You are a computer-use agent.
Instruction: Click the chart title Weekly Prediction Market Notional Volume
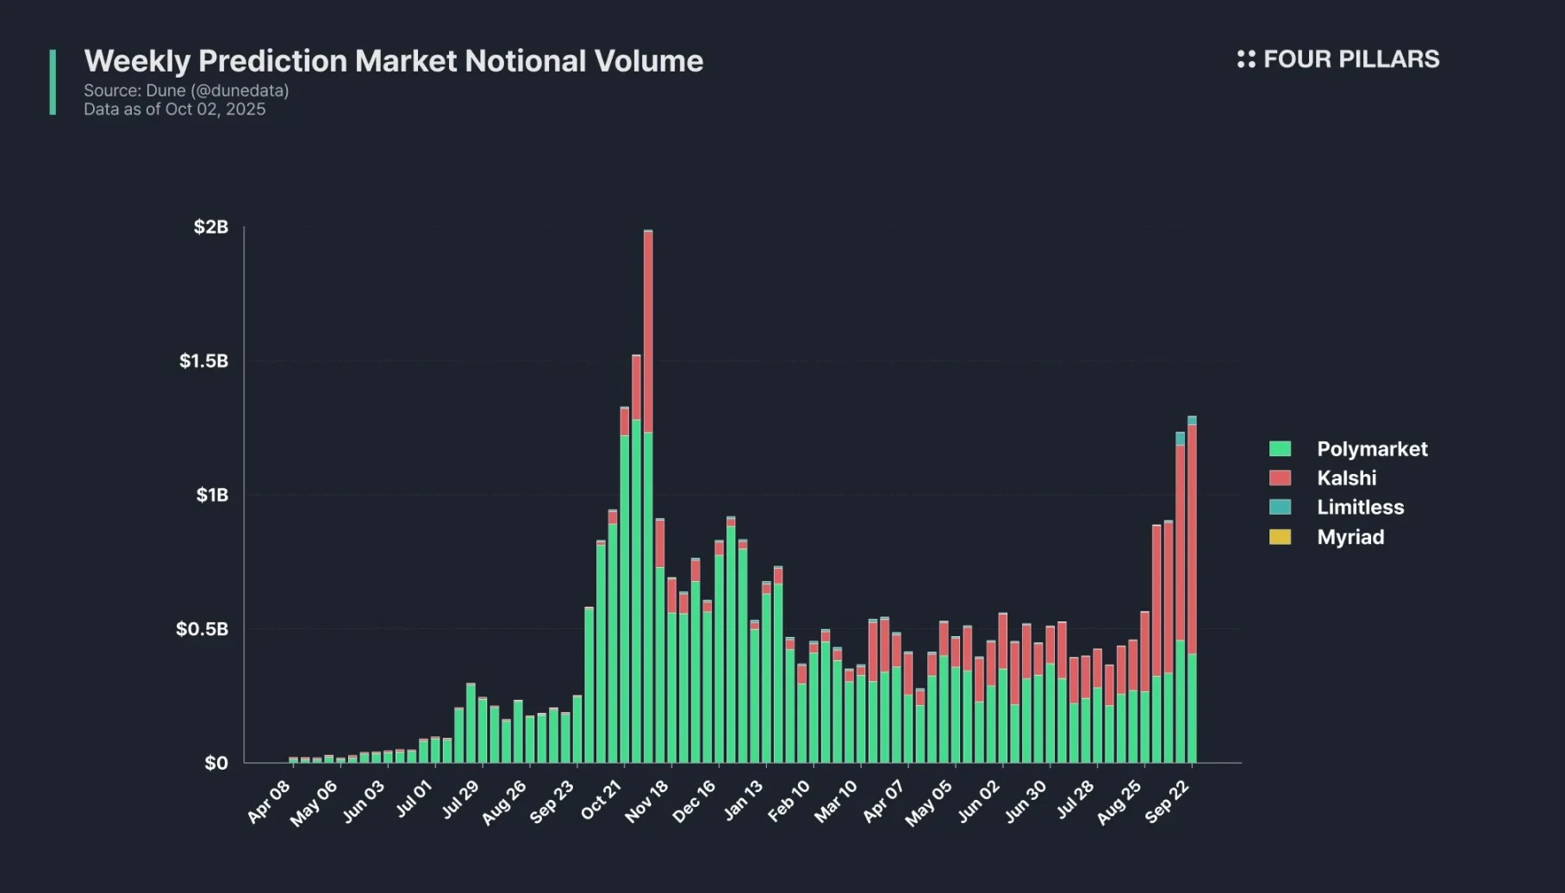click(x=393, y=61)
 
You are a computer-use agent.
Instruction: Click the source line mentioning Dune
click(x=186, y=91)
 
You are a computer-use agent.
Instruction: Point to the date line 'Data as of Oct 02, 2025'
click(x=174, y=109)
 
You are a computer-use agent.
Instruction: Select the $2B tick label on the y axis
click(x=211, y=227)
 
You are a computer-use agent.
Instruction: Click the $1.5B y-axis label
click(x=204, y=360)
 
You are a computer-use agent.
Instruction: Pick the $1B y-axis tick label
click(x=212, y=495)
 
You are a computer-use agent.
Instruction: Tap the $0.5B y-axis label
click(x=203, y=628)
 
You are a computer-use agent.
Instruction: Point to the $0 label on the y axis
click(x=216, y=763)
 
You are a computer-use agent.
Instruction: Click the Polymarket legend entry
click(x=1371, y=449)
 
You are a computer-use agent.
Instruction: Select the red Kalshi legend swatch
click(x=1280, y=478)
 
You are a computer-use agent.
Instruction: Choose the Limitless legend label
click(x=1360, y=508)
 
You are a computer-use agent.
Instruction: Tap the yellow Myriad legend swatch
click(x=1280, y=537)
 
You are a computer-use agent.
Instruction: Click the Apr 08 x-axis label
click(x=269, y=802)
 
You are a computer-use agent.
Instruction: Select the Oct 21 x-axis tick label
click(x=601, y=800)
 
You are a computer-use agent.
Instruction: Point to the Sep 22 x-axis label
click(x=1167, y=802)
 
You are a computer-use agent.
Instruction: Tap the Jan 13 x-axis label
click(x=743, y=800)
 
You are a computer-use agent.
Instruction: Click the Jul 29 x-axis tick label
click(x=460, y=800)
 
